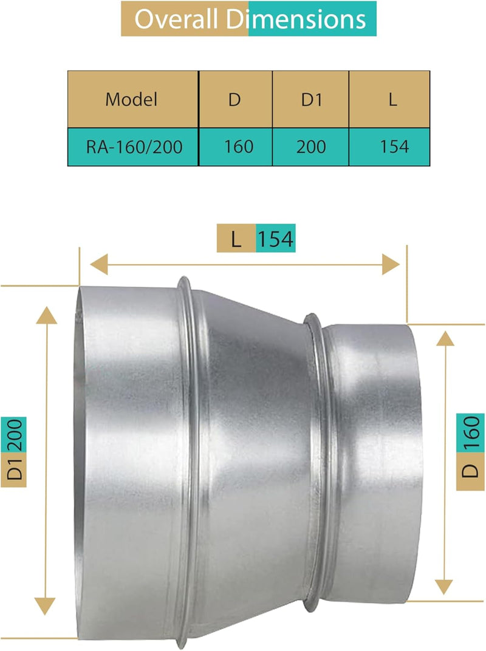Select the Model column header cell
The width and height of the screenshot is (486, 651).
132,100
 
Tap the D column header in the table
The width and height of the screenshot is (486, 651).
234,100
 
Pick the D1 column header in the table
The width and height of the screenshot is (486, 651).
310,100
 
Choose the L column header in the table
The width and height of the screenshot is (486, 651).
392,100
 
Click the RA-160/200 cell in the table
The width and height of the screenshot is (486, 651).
132,146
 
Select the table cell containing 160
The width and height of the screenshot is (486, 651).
234,146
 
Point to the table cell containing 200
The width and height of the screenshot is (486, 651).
310,146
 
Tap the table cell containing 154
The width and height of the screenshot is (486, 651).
392,146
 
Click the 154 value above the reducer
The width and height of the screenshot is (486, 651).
276,239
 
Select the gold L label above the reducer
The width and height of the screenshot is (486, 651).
236,239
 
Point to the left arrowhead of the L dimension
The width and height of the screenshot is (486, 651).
98,264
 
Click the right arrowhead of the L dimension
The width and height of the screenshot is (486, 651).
391,264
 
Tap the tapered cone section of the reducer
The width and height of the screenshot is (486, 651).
255,462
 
